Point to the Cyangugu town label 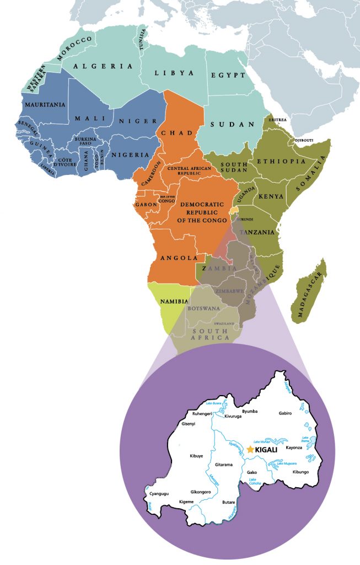[x=159, y=494]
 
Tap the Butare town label [x=228, y=502]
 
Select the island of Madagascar [x=310, y=290]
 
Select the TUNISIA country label [x=144, y=40]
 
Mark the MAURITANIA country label [x=44, y=104]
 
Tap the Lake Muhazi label [x=261, y=443]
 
